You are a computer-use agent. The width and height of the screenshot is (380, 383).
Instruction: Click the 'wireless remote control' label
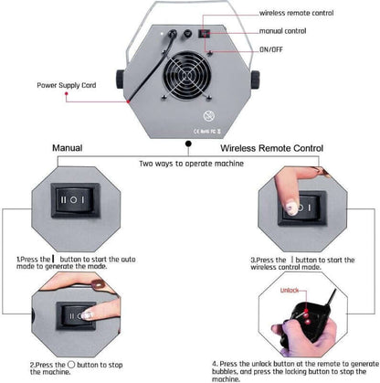tap(296, 14)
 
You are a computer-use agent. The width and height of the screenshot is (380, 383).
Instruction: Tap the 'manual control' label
tap(282, 30)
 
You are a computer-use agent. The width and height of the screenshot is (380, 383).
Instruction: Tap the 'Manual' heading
tap(68, 146)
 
